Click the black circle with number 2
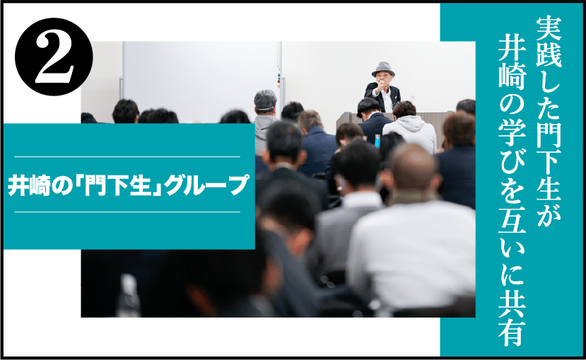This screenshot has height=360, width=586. coord(54,57)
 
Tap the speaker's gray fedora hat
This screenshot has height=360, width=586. coord(383,69)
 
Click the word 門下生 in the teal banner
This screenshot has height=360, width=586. coord(120,185)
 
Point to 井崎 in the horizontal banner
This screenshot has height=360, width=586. coord(29,185)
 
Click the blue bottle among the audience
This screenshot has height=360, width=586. coord(377,140)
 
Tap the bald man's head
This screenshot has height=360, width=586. coord(414,167)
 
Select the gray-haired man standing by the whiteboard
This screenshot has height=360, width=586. coord(264,120)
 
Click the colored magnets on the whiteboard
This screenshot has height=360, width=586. coord(278,80)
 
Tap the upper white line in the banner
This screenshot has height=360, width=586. coord(127,156)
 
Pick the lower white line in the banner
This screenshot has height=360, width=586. coord(127,212)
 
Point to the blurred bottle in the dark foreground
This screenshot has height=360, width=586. coord(128,296)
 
